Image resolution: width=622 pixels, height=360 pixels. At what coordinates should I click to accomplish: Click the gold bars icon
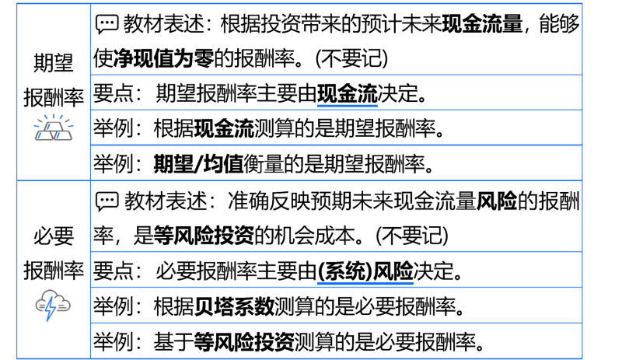coord(54,128)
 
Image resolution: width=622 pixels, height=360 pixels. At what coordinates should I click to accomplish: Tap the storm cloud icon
coord(53,303)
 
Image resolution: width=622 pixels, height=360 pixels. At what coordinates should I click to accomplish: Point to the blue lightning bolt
coord(51,309)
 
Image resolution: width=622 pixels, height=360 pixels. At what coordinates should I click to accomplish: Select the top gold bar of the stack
coord(54,125)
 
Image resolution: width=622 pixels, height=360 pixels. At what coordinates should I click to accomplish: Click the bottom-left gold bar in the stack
coord(44,135)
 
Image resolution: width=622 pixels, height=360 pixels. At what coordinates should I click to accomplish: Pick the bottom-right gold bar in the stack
coord(63,135)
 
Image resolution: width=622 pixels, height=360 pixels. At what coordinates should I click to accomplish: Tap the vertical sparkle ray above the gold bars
coord(54,117)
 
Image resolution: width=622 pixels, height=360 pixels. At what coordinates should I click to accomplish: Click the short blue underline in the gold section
coord(347,106)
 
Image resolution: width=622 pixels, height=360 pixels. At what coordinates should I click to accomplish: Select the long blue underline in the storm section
coord(365,283)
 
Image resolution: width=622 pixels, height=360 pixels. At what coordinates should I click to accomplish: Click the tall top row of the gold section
coord(336,39)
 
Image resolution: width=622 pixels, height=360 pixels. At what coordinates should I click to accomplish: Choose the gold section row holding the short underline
coord(336,92)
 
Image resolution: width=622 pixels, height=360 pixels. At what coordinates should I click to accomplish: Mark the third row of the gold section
coord(336,127)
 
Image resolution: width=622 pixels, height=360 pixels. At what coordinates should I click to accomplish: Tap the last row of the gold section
coord(336,162)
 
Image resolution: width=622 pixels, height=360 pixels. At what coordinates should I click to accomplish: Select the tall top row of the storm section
coord(336,216)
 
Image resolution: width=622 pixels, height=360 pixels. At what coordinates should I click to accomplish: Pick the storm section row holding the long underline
coord(336,269)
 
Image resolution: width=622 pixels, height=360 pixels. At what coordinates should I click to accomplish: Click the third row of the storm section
coord(336,305)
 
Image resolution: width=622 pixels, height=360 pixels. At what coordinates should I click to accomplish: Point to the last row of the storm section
coord(336,340)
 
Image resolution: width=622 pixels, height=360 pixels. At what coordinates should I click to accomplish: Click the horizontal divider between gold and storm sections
coord(299,180)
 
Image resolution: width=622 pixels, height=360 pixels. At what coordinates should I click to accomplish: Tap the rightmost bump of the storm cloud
coord(66,303)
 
